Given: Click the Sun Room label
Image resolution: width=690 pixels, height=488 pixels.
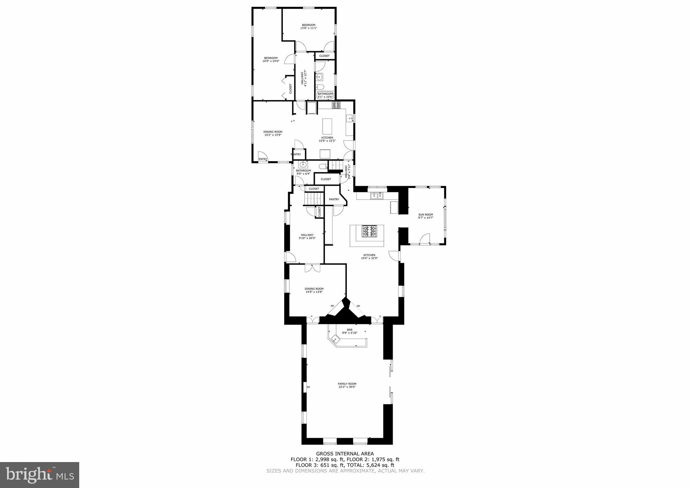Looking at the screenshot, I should pos(425,216).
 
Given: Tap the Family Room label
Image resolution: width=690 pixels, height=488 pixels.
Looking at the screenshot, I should pos(347,385).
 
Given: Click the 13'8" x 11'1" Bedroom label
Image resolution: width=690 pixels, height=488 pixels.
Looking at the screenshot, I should pos(308,26).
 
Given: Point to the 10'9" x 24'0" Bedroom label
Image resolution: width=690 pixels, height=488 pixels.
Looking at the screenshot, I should pos(271,59).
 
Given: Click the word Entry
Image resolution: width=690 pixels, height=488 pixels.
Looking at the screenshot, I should pos(263,159).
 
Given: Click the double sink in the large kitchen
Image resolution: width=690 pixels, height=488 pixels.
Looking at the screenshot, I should pos(377,195).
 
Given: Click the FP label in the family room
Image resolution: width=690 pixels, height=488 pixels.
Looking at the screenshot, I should pos(308,387).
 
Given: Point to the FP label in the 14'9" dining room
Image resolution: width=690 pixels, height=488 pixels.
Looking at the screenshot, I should pos(332,306).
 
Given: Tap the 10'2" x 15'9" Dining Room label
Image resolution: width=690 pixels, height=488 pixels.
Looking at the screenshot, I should pos(273,133).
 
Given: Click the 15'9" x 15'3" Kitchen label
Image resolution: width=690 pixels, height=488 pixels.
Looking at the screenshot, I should pos(327,139).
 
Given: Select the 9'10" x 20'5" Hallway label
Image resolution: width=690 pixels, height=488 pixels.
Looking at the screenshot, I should pos(307,236).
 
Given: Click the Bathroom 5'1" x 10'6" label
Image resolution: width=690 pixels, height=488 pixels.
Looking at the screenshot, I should pos(325,95).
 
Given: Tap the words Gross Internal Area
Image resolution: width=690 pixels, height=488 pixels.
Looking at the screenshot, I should pos(344,454).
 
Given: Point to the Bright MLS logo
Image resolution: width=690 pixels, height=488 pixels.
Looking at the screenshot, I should pos(39,475).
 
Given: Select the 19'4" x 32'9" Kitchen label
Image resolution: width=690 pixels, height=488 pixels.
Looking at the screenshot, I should pos(369,257).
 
